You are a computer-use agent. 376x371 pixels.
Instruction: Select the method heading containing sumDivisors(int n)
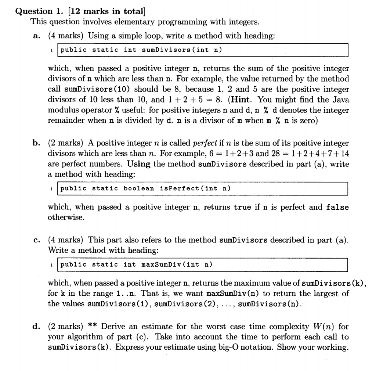click(141, 50)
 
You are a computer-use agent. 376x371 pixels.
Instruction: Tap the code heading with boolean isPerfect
click(145, 188)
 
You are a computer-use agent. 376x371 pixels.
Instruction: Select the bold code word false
click(337, 208)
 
